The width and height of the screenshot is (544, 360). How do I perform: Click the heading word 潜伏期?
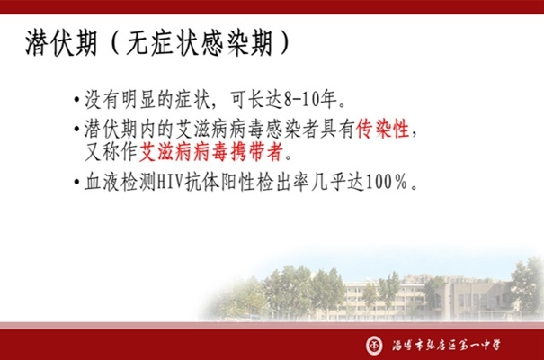point(61,43)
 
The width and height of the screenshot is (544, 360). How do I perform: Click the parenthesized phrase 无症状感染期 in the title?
point(200,43)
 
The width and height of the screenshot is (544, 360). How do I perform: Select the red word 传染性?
point(383,129)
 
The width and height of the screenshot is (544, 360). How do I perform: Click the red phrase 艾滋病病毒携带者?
point(211,152)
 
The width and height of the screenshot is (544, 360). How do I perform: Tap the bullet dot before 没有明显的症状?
point(76,100)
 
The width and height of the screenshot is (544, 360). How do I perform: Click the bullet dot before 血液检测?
point(76,183)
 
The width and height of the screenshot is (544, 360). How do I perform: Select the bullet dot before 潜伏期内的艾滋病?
point(76,130)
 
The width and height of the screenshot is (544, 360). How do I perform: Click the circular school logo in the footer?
point(375,346)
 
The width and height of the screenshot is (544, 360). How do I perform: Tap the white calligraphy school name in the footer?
point(447,345)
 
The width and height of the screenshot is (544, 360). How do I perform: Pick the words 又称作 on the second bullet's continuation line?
point(111,152)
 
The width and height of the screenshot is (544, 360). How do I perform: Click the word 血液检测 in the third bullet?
point(120,182)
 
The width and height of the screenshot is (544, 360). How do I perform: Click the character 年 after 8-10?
point(328,100)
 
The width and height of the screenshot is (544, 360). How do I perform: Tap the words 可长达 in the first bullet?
point(256,100)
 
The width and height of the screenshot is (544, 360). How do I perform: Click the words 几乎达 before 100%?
point(337,182)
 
